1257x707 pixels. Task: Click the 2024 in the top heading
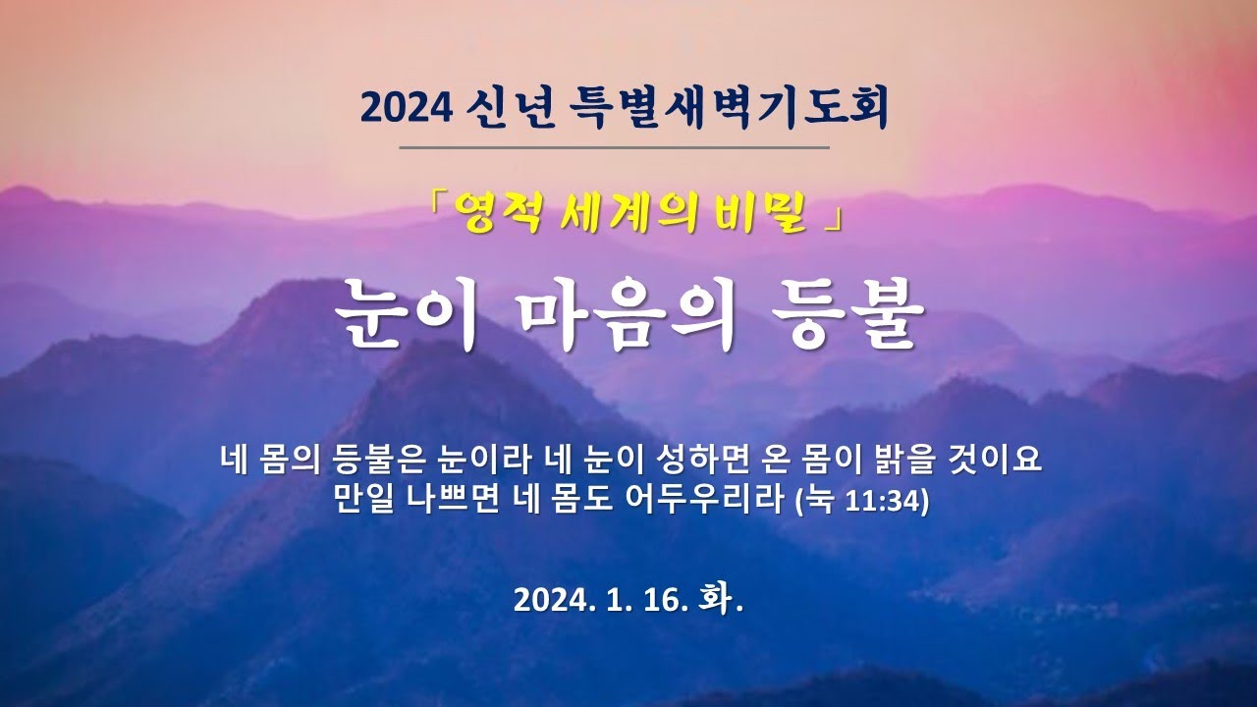(407, 108)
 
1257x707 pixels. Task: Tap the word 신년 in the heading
(511, 107)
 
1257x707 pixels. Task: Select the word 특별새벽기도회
(729, 108)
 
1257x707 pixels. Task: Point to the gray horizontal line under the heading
(615, 148)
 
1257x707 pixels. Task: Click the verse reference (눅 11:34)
(862, 500)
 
